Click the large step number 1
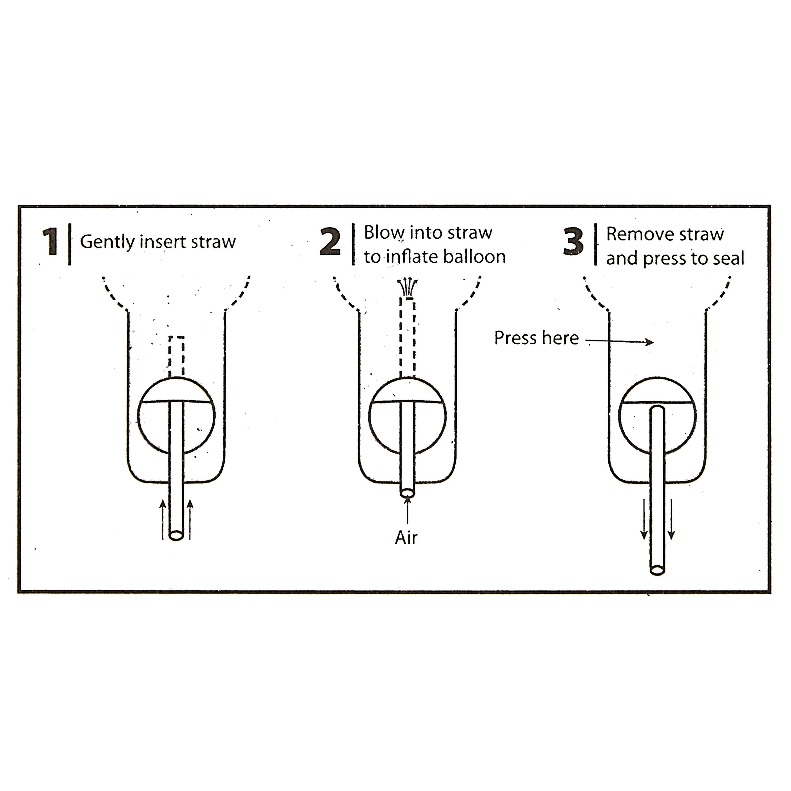[x=50, y=242]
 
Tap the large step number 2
[x=330, y=242]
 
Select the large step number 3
[x=573, y=242]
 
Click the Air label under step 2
[x=406, y=538]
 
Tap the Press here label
[x=536, y=338]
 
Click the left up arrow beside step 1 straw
[x=162, y=519]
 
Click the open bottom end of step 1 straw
[x=176, y=535]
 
